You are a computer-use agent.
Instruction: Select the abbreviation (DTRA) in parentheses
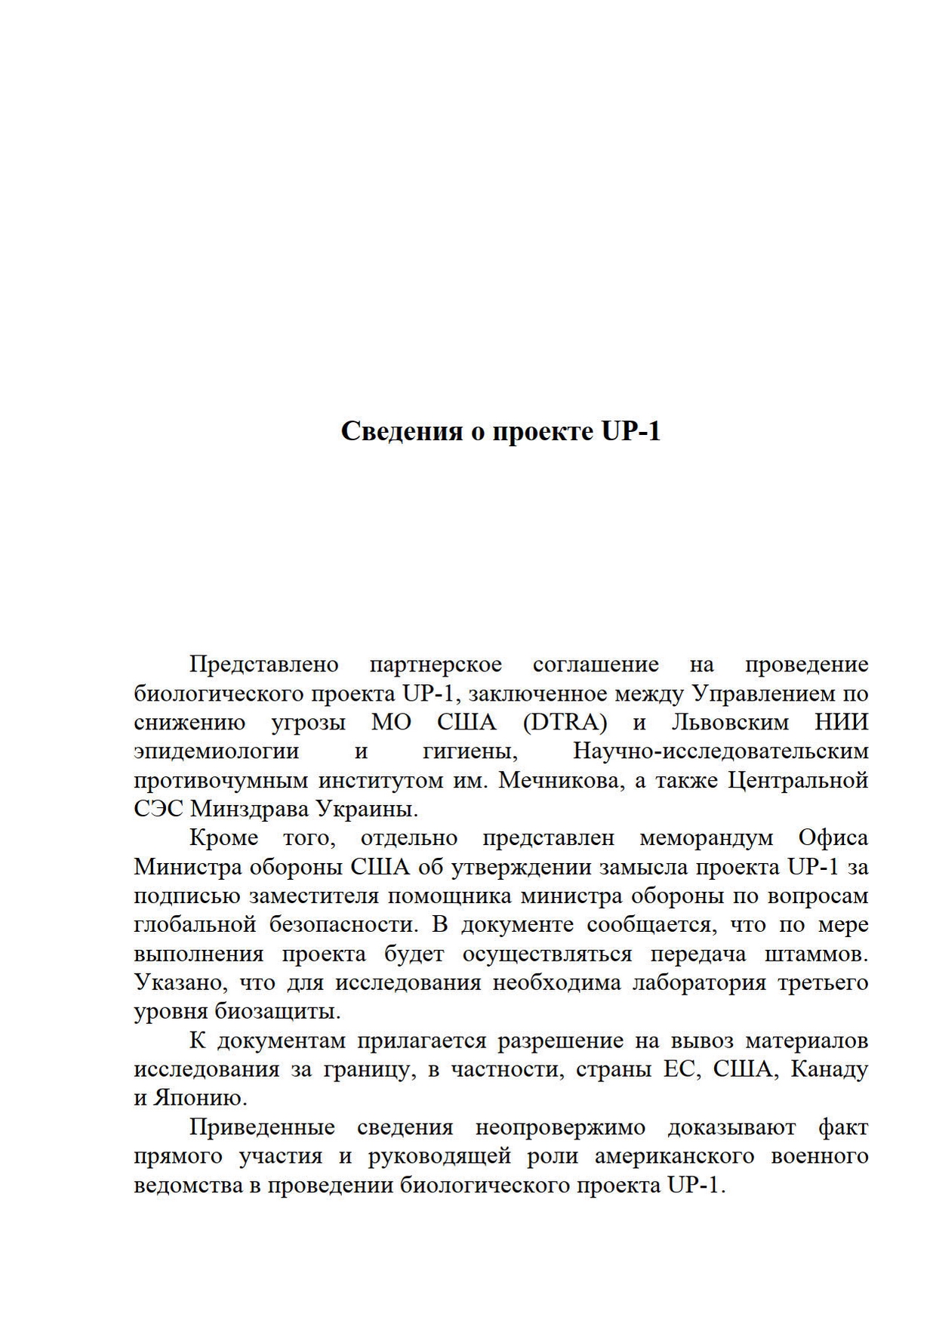point(565,723)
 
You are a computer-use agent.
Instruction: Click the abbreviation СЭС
point(158,809)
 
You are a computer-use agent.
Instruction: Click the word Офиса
point(833,838)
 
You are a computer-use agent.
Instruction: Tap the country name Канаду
point(829,1069)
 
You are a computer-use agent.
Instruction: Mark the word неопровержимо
point(560,1127)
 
